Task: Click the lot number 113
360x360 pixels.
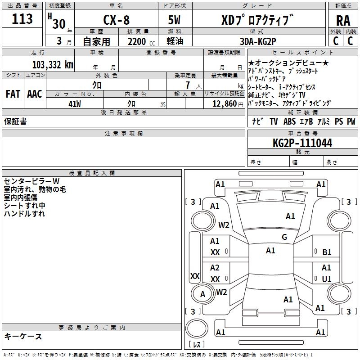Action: (22, 19)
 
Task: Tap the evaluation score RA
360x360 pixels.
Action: (343, 20)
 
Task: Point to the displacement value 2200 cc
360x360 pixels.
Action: (139, 42)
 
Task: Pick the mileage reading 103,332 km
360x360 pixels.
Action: (53, 64)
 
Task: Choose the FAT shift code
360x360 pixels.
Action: (13, 94)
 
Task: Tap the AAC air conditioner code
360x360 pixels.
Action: (35, 94)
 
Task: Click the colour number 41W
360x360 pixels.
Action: (75, 103)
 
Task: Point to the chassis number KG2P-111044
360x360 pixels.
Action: (302, 144)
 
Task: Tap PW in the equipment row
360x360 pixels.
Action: (351, 121)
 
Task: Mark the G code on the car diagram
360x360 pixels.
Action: (284, 237)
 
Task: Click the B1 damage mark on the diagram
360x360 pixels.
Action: (327, 252)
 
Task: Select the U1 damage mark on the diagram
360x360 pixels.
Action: (327, 279)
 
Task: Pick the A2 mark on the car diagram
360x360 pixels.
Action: (215, 268)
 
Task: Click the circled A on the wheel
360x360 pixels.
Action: (203, 294)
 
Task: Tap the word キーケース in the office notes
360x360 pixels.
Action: (23, 336)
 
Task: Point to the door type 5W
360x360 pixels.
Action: (175, 20)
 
